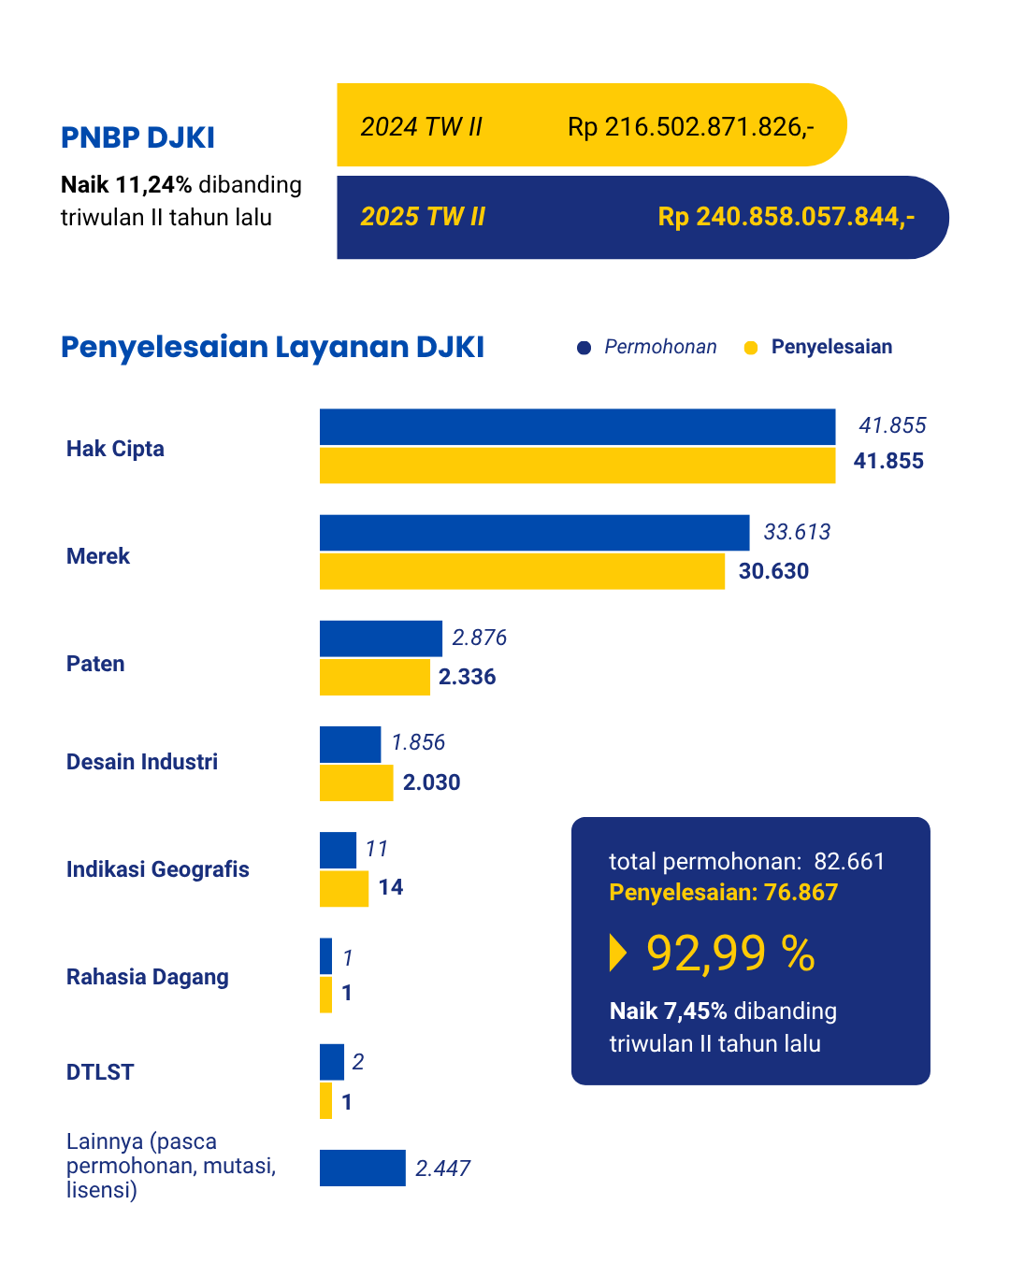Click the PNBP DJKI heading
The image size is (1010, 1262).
click(137, 137)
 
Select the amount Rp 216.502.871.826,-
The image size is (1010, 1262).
click(690, 126)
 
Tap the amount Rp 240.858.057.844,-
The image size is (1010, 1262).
click(786, 217)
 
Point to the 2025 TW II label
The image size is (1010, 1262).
click(423, 217)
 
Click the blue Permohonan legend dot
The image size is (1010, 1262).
click(584, 348)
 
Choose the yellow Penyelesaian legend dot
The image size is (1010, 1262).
click(750, 348)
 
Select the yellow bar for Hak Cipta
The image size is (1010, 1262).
click(577, 466)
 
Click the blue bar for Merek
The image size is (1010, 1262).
click(534, 532)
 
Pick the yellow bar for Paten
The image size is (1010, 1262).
click(374, 677)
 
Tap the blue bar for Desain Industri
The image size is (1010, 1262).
click(350, 744)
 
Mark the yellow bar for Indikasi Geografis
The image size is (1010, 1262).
click(344, 888)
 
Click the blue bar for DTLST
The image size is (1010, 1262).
click(332, 1062)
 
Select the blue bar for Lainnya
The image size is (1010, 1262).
click(363, 1168)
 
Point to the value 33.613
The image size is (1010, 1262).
click(797, 532)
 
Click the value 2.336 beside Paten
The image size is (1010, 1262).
click(467, 677)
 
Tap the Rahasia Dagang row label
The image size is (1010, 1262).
click(148, 977)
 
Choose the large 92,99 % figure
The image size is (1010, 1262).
click(730, 953)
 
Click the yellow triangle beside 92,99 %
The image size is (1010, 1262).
click(617, 953)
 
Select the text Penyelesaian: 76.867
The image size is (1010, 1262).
click(723, 892)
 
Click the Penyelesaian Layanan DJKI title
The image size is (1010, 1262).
click(272, 347)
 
